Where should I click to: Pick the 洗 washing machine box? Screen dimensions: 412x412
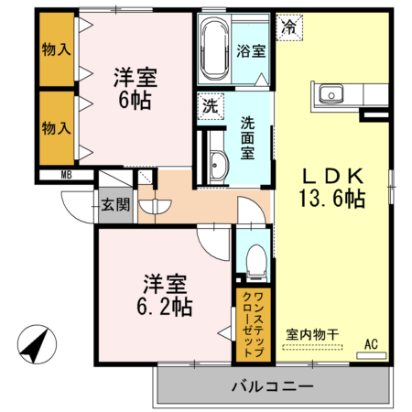pos(209,105)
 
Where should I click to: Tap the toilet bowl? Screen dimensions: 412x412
pos(254,261)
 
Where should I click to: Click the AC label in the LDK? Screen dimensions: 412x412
pos(372,343)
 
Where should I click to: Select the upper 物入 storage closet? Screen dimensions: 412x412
pos(58,49)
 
